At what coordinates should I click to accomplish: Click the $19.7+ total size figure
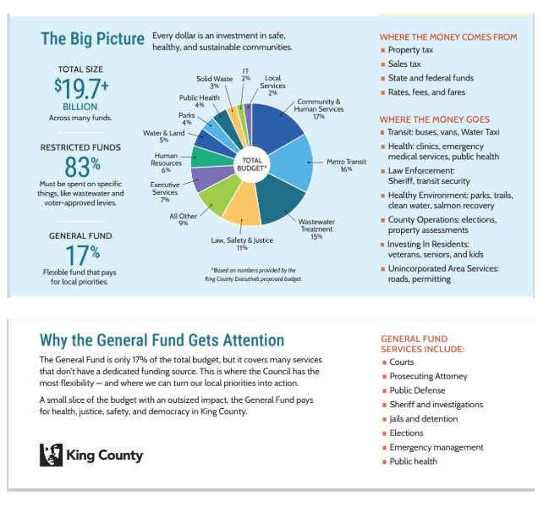pos(81,87)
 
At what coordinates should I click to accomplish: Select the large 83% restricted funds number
pos(82,165)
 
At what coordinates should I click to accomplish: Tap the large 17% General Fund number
pos(82,252)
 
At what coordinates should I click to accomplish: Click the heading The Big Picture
pos(92,39)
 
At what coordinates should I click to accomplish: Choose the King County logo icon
pos(51,455)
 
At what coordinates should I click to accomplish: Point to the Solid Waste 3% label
pos(215,82)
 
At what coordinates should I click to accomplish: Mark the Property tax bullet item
pos(411,50)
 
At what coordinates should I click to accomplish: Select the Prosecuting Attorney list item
pos(428,377)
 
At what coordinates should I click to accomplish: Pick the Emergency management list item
pos(436,447)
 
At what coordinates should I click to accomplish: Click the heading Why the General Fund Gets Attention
pos(162,340)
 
